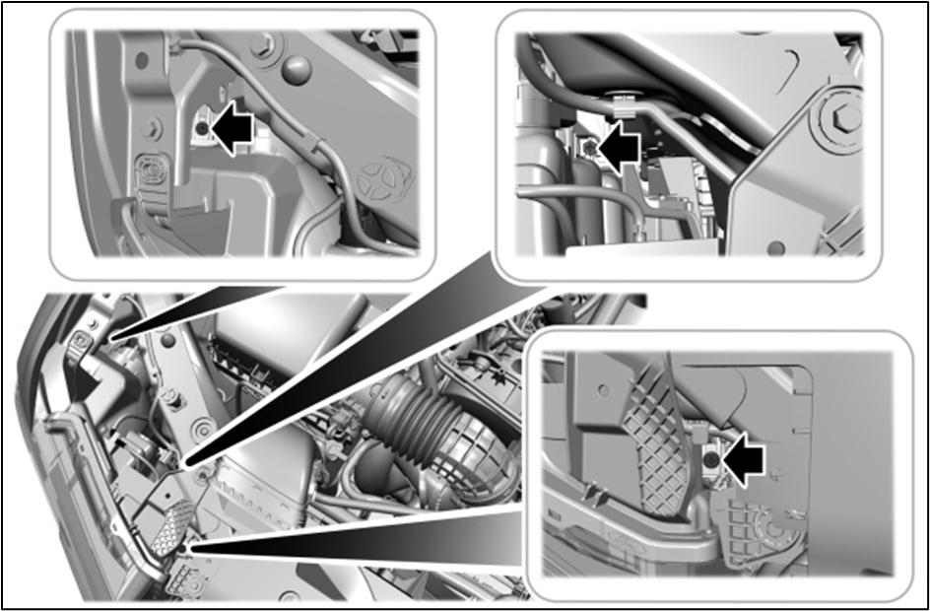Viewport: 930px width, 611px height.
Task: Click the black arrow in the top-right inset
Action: (619, 147)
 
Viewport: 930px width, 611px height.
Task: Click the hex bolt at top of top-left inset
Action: (263, 44)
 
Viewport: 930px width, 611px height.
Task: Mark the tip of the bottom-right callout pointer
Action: (186, 546)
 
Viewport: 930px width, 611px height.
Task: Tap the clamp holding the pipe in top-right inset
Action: (623, 99)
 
